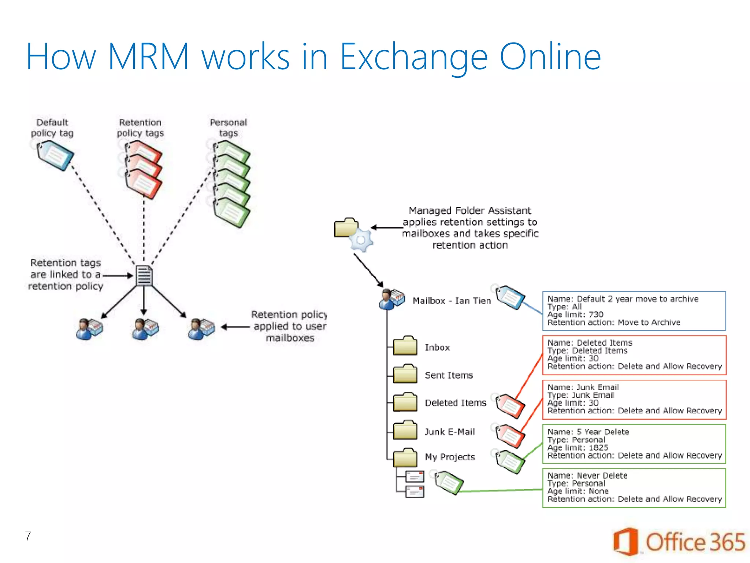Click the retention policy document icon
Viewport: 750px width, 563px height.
[144, 276]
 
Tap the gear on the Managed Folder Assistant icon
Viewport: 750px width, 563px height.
[361, 240]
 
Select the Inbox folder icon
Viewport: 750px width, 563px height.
[405, 346]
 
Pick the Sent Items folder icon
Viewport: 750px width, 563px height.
[405, 374]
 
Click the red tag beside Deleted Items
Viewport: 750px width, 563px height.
[510, 406]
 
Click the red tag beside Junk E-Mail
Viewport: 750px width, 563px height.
[510, 436]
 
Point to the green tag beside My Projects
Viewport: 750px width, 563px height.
[510, 461]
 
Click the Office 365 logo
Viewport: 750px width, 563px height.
[679, 542]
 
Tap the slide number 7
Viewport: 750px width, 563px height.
[28, 536]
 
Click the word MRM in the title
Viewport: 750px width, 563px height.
[148, 57]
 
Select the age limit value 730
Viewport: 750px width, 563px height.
[596, 314]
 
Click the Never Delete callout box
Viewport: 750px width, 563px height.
[634, 488]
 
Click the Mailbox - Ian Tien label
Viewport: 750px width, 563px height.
[452, 301]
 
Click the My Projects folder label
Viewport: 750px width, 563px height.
[450, 457]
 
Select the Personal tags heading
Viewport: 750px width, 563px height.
[228, 128]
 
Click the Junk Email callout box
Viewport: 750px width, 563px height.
[634, 399]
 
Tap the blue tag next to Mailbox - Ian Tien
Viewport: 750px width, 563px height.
[510, 297]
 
